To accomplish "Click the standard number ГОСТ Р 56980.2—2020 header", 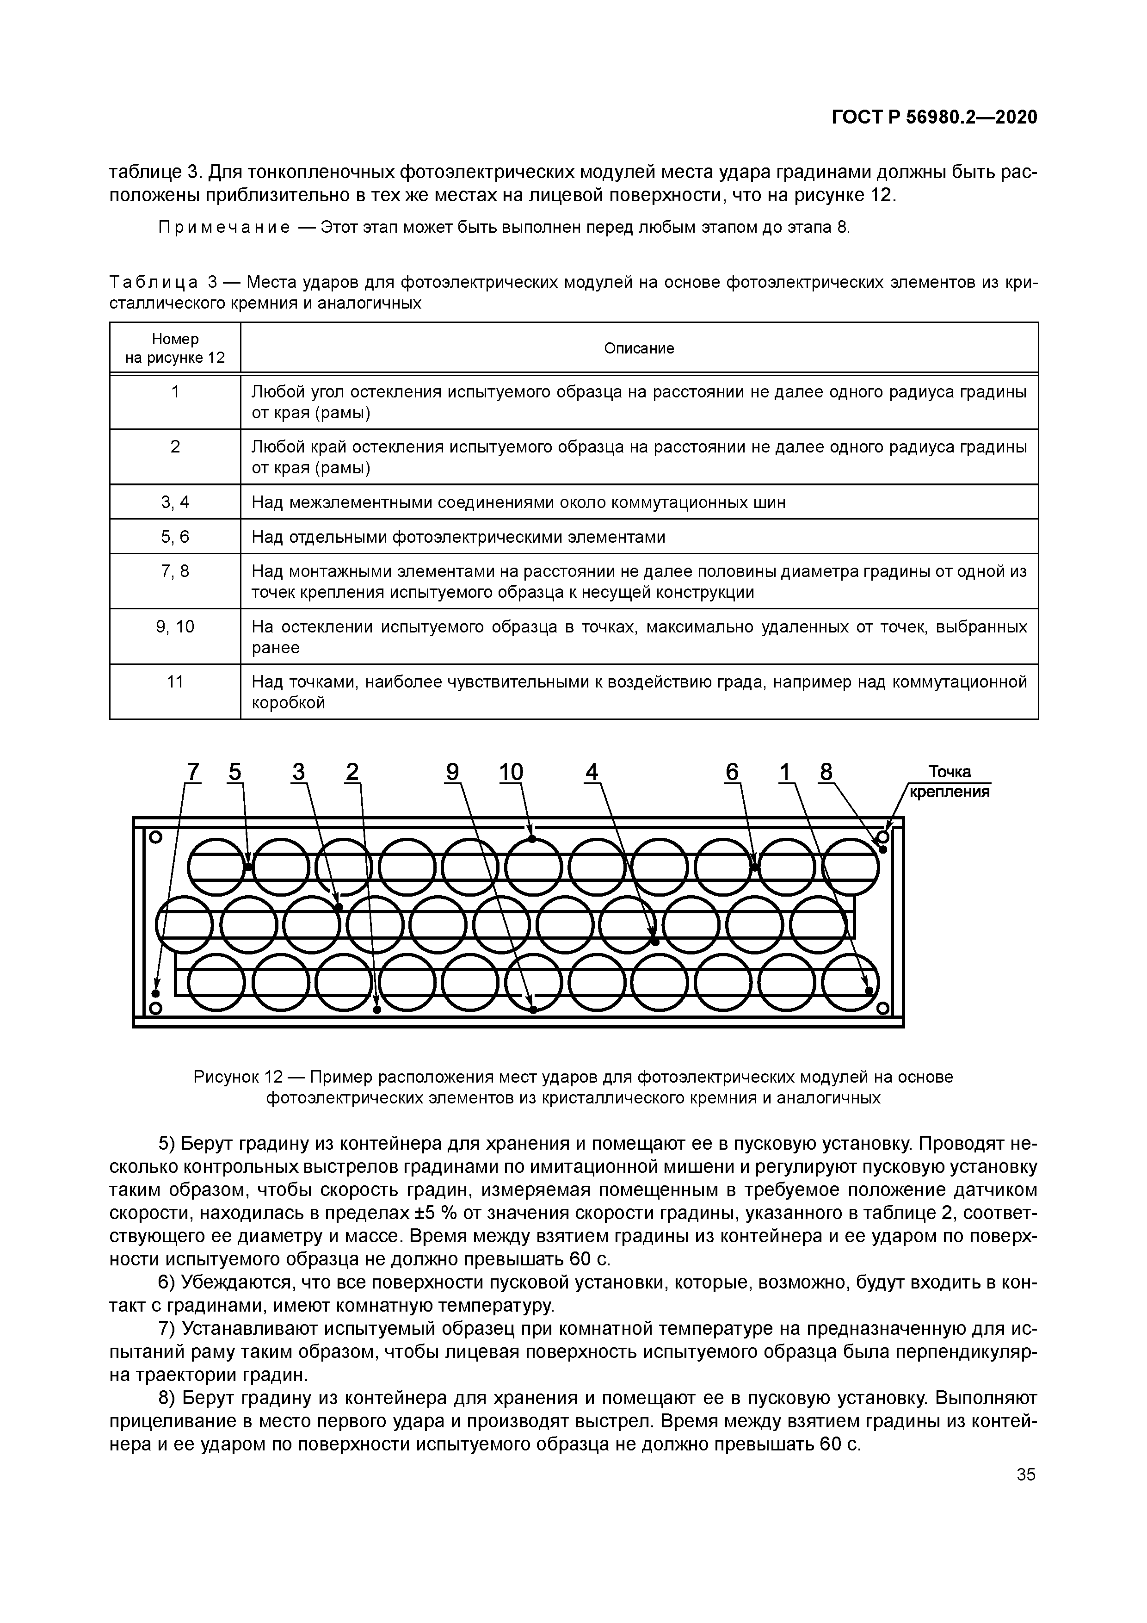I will point(934,118).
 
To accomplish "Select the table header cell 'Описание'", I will point(639,348).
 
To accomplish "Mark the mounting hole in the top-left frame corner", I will point(156,837).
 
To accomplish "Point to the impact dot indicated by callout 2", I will point(376,1010).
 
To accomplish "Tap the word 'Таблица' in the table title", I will point(154,283).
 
